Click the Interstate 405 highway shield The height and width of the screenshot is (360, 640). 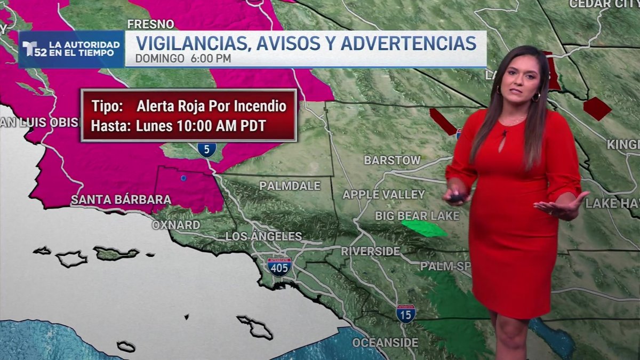pyautogui.click(x=279, y=266)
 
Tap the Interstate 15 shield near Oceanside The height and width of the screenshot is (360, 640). pyautogui.click(x=405, y=313)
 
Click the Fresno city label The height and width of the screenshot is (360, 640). pyautogui.click(x=150, y=24)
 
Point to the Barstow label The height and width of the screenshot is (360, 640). pyautogui.click(x=392, y=160)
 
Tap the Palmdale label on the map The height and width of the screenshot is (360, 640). pyautogui.click(x=290, y=186)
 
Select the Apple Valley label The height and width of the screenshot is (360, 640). pyautogui.click(x=383, y=195)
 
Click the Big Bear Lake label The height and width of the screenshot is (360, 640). pyautogui.click(x=417, y=216)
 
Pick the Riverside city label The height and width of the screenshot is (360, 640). pyautogui.click(x=370, y=251)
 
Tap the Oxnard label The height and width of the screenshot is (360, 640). pyautogui.click(x=176, y=225)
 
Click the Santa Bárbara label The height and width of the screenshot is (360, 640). pyautogui.click(x=121, y=200)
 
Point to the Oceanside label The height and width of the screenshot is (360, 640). pyautogui.click(x=385, y=342)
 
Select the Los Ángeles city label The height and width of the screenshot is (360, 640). pyautogui.click(x=263, y=236)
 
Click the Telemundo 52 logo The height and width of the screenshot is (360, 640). pyautogui.click(x=35, y=49)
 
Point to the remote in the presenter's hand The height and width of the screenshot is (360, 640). pyautogui.click(x=457, y=197)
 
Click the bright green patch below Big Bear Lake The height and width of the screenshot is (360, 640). pyautogui.click(x=424, y=228)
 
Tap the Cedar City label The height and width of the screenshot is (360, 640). pyautogui.click(x=604, y=4)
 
